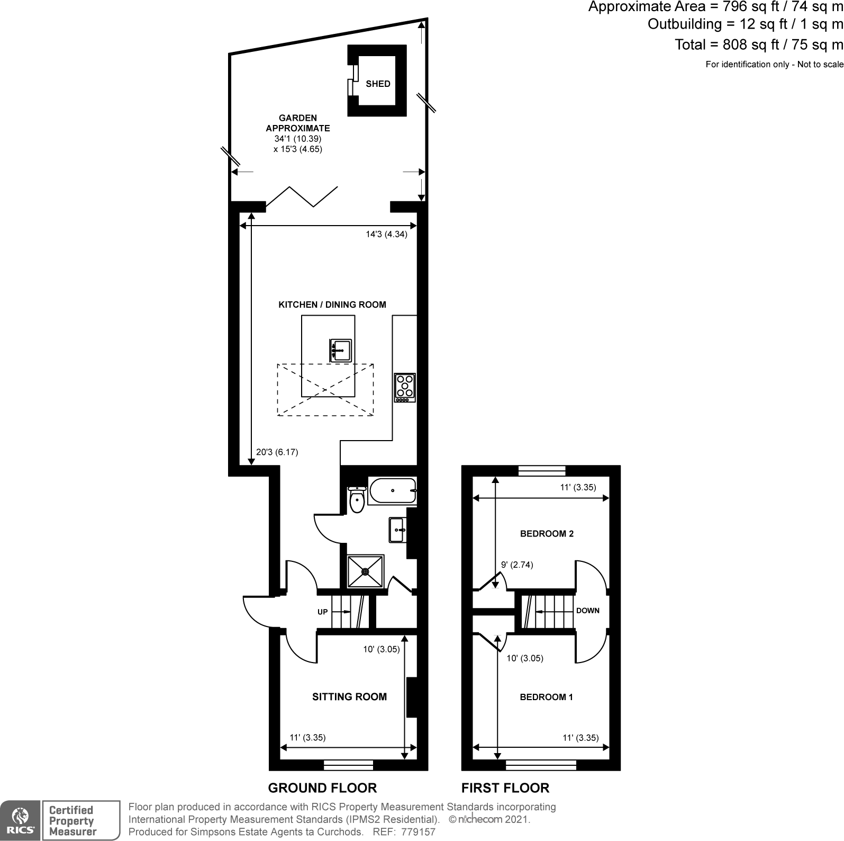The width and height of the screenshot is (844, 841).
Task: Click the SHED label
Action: click(378, 84)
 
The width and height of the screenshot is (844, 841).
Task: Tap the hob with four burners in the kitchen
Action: click(405, 388)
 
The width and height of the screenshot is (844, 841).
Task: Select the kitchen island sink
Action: click(340, 350)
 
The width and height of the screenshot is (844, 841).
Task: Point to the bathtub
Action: click(392, 490)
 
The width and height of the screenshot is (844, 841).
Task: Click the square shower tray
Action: click(366, 571)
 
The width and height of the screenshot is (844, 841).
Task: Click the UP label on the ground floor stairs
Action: click(322, 612)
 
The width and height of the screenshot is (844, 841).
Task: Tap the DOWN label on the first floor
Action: click(587, 611)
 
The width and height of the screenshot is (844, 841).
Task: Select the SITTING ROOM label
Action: click(349, 697)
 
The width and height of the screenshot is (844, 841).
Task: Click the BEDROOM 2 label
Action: click(547, 534)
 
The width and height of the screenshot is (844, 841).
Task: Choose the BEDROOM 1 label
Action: click(546, 697)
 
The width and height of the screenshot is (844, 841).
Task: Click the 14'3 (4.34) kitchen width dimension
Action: click(386, 234)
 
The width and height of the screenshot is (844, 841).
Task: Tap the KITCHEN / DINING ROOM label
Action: click(332, 305)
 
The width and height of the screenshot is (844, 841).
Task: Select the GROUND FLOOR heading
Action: click(322, 788)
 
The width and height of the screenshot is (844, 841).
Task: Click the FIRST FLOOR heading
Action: click(505, 788)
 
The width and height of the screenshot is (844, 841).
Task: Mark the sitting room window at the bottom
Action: click(348, 765)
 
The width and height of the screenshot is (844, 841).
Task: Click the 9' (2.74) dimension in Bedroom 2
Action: click(517, 565)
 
